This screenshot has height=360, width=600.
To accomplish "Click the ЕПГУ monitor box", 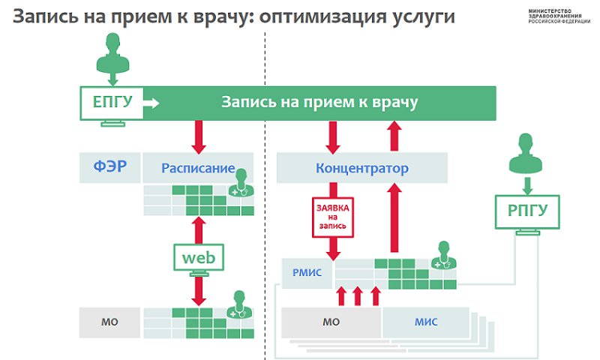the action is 112,103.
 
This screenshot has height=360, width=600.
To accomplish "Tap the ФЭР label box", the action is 109,167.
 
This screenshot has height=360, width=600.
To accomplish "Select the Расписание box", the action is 198,167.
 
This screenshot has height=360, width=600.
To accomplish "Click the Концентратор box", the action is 362,167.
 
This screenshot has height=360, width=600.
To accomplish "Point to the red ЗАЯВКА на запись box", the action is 333,217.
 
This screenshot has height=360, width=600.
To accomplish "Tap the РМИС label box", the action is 307,273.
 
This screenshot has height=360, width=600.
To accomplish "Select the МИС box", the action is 426,322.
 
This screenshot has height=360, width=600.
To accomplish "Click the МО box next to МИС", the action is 331,322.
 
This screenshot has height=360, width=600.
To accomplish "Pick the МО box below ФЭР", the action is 109,322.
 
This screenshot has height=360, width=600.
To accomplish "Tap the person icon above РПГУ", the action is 526,152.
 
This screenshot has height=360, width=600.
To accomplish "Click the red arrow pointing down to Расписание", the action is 199,137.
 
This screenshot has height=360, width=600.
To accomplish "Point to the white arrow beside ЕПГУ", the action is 151,103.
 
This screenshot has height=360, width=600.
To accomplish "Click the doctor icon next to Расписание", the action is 241,183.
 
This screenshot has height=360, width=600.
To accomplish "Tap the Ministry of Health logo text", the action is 559,16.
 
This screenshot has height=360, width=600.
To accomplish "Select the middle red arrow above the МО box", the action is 358,296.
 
